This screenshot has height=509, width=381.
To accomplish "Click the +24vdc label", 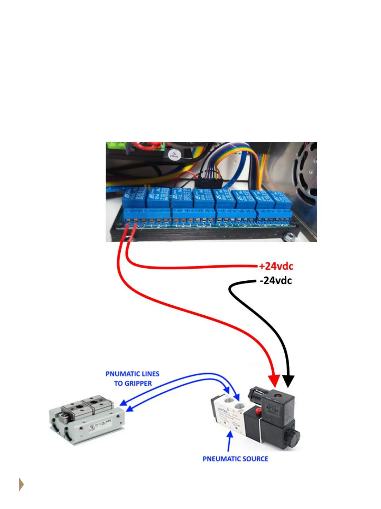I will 276,266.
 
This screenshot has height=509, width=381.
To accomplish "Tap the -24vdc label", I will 276,281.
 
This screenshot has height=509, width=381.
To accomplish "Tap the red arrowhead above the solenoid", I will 274,381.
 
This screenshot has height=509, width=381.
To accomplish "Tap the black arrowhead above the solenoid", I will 288,381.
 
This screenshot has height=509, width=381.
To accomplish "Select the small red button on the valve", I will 258,411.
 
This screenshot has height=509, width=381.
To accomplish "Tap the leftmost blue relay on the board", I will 134,198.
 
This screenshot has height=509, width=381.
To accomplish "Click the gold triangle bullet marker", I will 21,484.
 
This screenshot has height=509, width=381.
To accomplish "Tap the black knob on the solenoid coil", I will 292,438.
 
